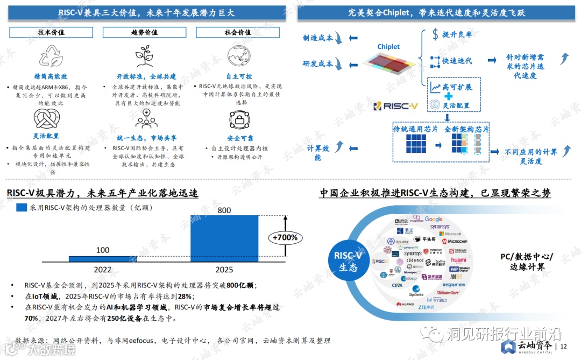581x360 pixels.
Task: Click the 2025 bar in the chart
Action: [224, 238]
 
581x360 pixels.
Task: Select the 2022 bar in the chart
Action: [103, 259]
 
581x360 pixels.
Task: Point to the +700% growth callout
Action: [285, 237]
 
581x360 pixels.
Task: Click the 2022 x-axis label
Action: [103, 270]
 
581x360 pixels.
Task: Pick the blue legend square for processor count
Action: [22, 207]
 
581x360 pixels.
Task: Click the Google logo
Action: [434, 220]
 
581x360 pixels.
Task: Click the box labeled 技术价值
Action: [51, 32]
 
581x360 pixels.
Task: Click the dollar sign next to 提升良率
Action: [435, 35]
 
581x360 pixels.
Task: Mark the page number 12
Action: [563, 347]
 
